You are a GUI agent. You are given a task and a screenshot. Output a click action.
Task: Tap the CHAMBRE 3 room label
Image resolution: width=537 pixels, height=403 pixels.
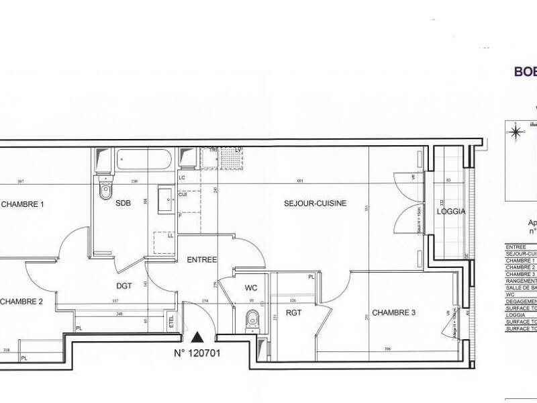(394, 312)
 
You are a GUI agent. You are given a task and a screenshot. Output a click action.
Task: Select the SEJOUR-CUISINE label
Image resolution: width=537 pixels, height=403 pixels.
(315, 204)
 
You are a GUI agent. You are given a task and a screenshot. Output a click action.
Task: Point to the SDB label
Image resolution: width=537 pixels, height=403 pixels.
(123, 204)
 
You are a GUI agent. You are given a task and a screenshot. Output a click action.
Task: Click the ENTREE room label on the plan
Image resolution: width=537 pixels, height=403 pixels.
(201, 259)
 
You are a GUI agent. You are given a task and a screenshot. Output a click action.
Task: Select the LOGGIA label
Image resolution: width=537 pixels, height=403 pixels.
(451, 211)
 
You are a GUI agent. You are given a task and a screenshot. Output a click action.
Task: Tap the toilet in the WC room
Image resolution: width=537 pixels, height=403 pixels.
(252, 320)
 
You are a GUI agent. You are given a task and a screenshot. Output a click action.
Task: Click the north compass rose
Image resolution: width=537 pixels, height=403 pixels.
(515, 131)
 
